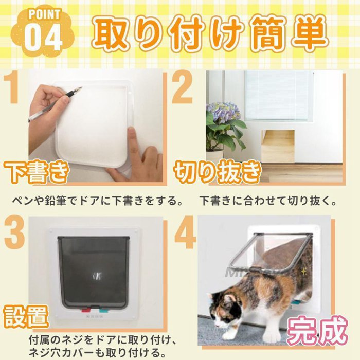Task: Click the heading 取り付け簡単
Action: [210, 34]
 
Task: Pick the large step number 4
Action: [184, 234]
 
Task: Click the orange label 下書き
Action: [36, 172]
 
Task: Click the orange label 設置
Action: [27, 316]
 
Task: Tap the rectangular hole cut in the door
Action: [278, 146]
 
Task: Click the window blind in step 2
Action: [278, 95]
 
